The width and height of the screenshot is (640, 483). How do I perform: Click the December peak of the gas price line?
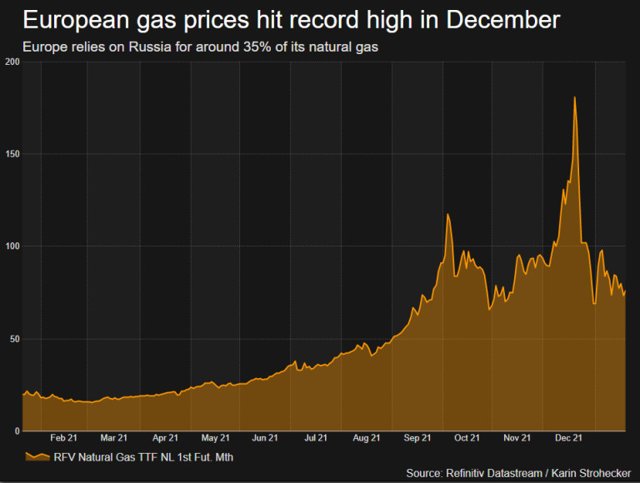tap(574, 98)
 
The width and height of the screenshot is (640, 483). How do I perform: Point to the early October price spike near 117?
tap(448, 215)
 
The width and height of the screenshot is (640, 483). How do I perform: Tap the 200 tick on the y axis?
tap(12, 62)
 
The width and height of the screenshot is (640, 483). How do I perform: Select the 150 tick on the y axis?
tap(12, 154)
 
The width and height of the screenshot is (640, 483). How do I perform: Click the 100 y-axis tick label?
tap(12, 246)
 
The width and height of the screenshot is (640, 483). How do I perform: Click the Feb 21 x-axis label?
tap(63, 437)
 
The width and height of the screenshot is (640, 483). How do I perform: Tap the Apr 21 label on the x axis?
tap(165, 437)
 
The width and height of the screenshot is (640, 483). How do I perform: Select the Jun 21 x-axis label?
tap(265, 437)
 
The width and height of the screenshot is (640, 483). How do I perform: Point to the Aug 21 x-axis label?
tap(367, 437)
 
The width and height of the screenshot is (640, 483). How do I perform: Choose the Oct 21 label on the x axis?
tap(467, 437)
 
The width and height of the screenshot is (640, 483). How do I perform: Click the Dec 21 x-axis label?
tap(567, 437)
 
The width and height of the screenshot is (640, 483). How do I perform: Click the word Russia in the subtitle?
tap(152, 47)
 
